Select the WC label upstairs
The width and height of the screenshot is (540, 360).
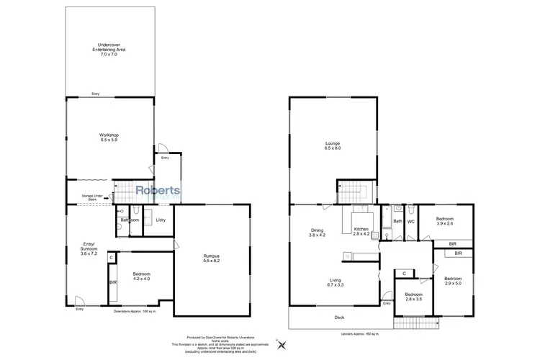pyautogui.click(x=410, y=222)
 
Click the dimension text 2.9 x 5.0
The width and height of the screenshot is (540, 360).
pyautogui.click(x=454, y=283)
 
